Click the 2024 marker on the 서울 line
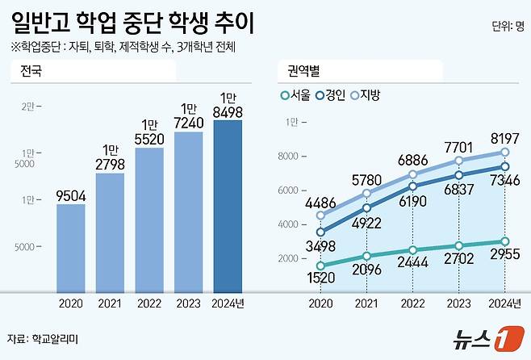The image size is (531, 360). click(504, 241)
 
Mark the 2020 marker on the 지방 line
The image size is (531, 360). click(321, 216)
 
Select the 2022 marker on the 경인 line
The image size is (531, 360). click(413, 186)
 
